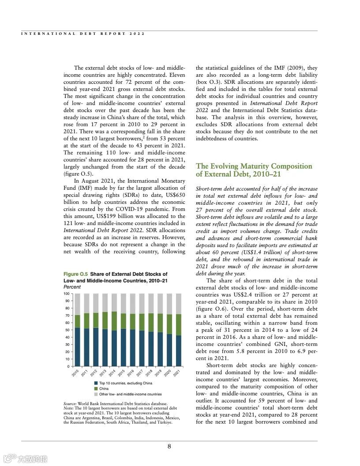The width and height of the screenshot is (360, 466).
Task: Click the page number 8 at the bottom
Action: point(169,446)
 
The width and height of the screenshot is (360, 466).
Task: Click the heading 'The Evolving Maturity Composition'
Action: point(254,166)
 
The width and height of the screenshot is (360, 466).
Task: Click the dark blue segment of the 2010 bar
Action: point(77,347)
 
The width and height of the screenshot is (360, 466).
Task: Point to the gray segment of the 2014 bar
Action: point(114,303)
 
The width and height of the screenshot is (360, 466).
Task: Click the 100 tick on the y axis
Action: point(66,293)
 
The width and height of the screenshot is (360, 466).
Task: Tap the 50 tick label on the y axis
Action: point(67,330)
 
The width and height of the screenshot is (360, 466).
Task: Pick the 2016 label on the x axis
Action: point(131,373)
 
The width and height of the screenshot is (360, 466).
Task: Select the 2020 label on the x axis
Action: point(167,373)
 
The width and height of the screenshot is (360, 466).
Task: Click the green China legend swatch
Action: point(96,389)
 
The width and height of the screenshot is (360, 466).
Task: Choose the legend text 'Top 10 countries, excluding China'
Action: point(125,383)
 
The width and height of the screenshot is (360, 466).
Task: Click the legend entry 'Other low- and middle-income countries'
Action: point(130,394)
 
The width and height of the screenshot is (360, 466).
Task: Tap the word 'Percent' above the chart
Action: point(72,287)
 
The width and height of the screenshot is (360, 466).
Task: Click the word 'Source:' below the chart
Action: point(70,404)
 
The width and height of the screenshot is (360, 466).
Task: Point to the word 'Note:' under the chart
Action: point(69,409)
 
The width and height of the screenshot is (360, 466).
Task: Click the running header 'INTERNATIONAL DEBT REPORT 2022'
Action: point(82,34)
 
